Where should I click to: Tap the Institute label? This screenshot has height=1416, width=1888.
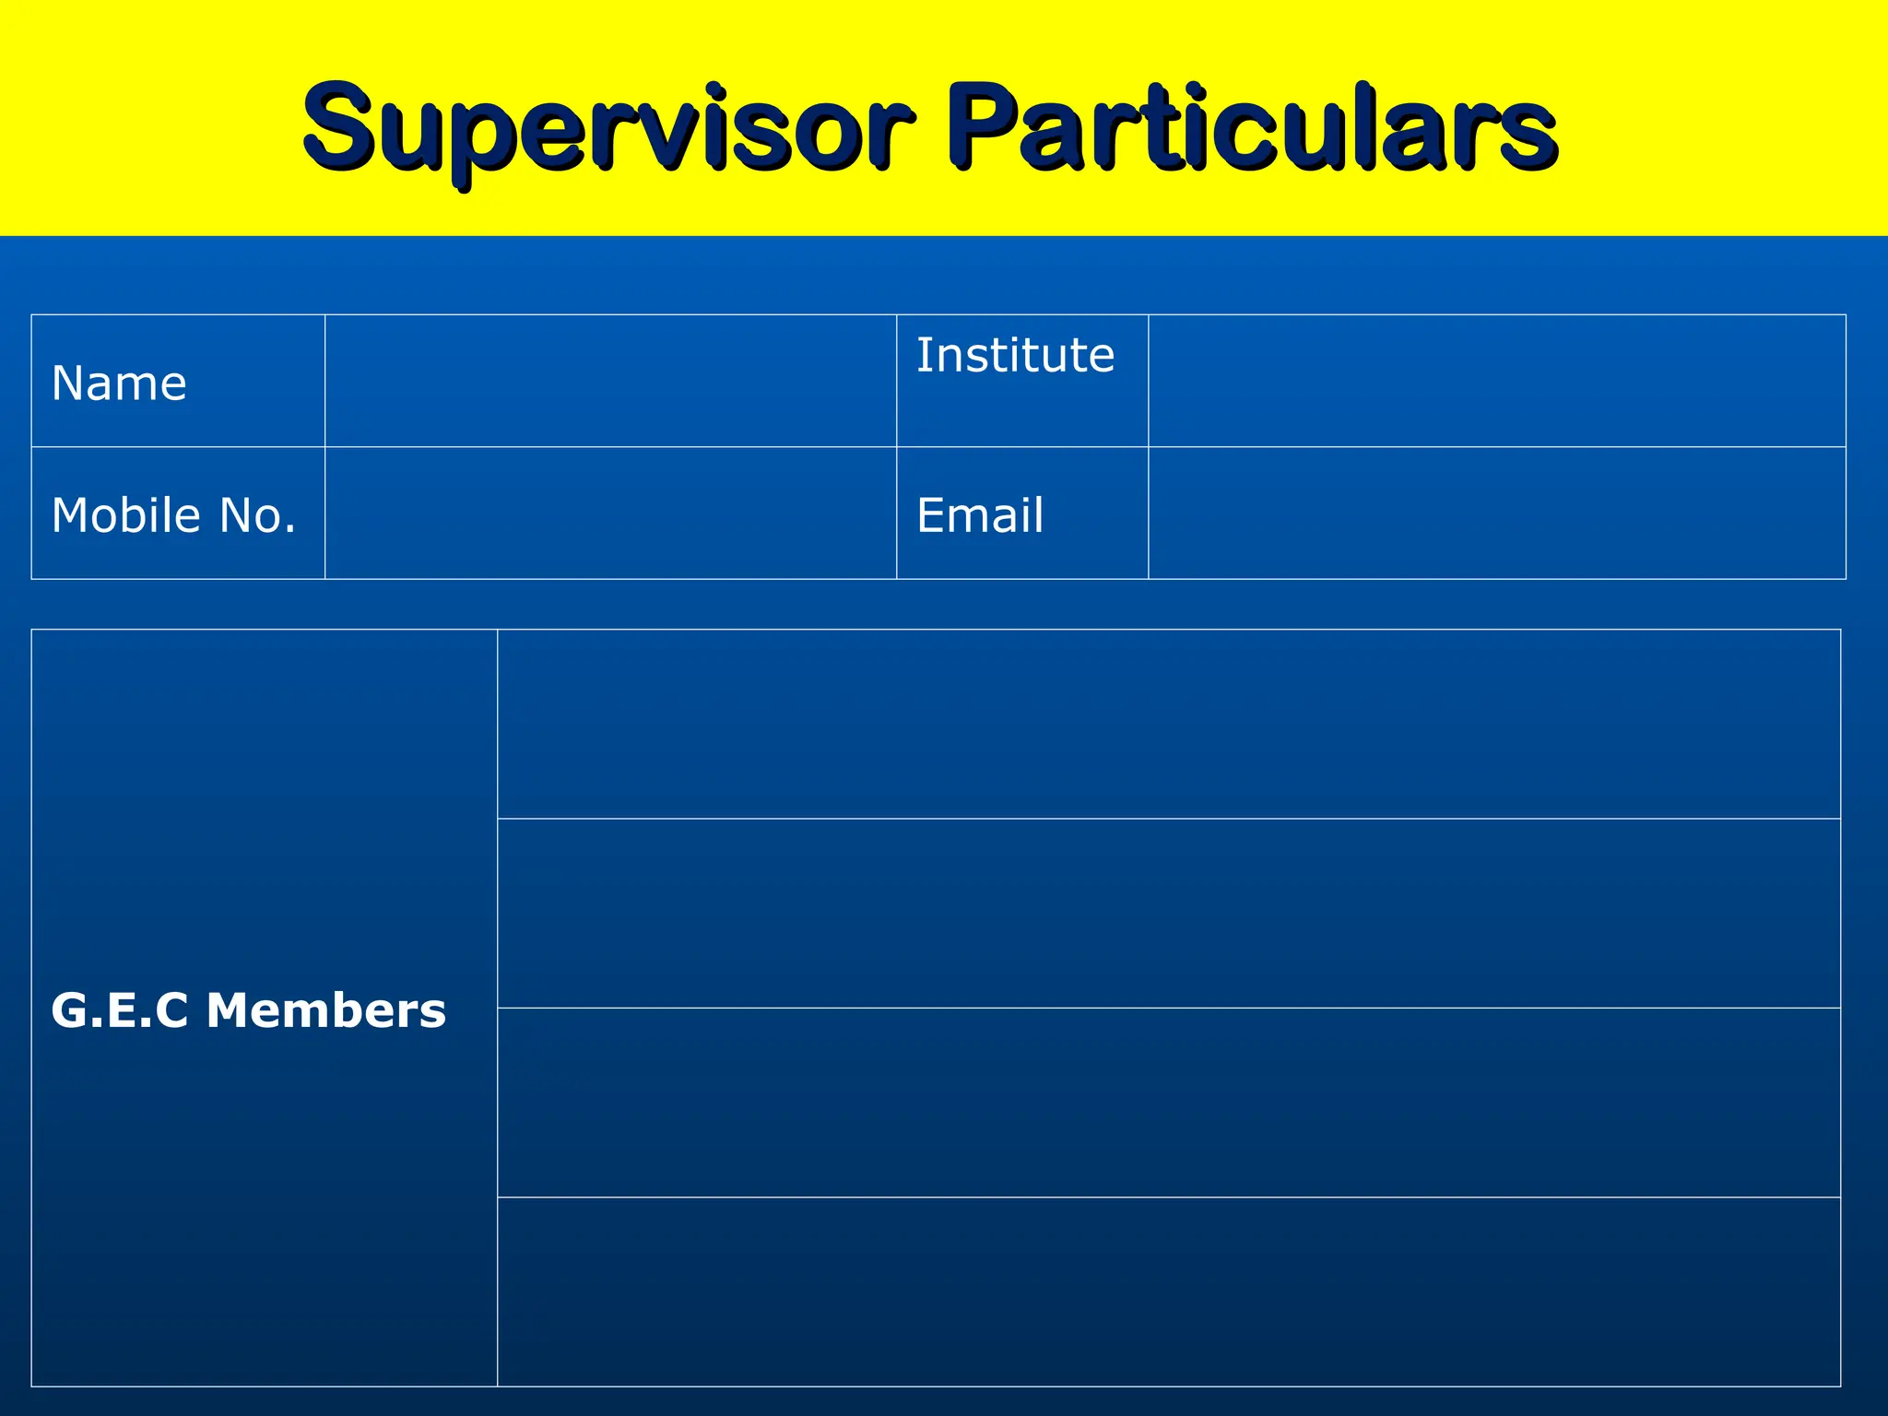[x=1015, y=355]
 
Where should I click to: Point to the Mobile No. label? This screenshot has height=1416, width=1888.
[x=173, y=515]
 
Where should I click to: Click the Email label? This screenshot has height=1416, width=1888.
[x=980, y=515]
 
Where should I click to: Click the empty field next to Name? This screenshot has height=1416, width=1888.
[x=610, y=381]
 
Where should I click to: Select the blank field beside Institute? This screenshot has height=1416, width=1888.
[x=1496, y=381]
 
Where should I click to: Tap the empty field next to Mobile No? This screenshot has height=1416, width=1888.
[x=610, y=513]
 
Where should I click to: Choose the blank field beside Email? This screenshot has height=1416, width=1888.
[x=1496, y=513]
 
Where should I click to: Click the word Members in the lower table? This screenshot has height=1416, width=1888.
[x=326, y=1010]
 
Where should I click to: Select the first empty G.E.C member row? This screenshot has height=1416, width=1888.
[x=1168, y=725]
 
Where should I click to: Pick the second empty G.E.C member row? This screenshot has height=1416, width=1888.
[x=1168, y=914]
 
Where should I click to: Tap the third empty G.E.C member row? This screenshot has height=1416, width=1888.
[x=1168, y=1103]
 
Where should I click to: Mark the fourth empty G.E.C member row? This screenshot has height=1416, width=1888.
[x=1168, y=1292]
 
